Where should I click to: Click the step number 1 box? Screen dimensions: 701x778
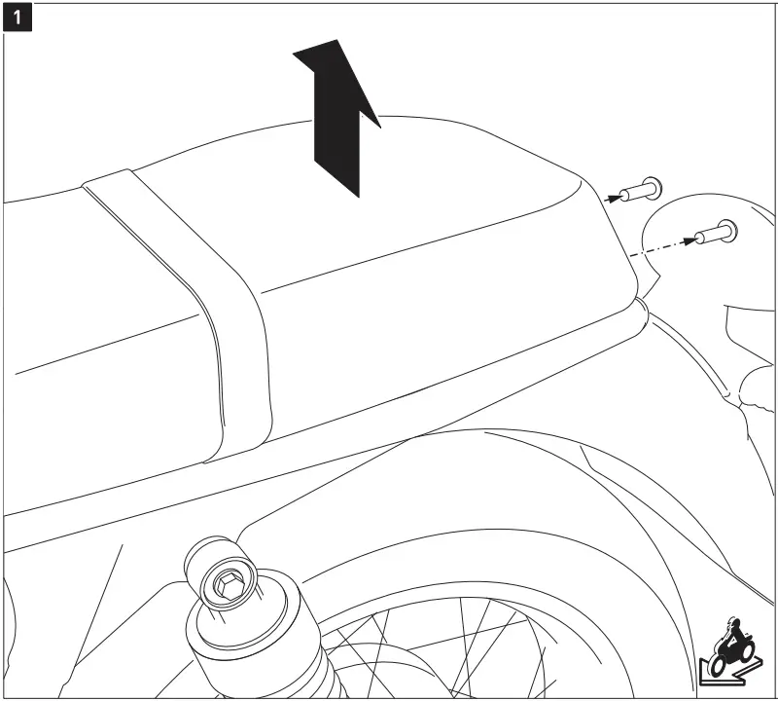18,18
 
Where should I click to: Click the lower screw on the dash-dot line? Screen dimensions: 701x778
714,234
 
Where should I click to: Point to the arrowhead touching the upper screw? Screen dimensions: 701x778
614,196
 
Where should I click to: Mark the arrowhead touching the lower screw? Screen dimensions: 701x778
696,237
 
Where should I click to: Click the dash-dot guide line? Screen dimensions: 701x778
661,246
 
